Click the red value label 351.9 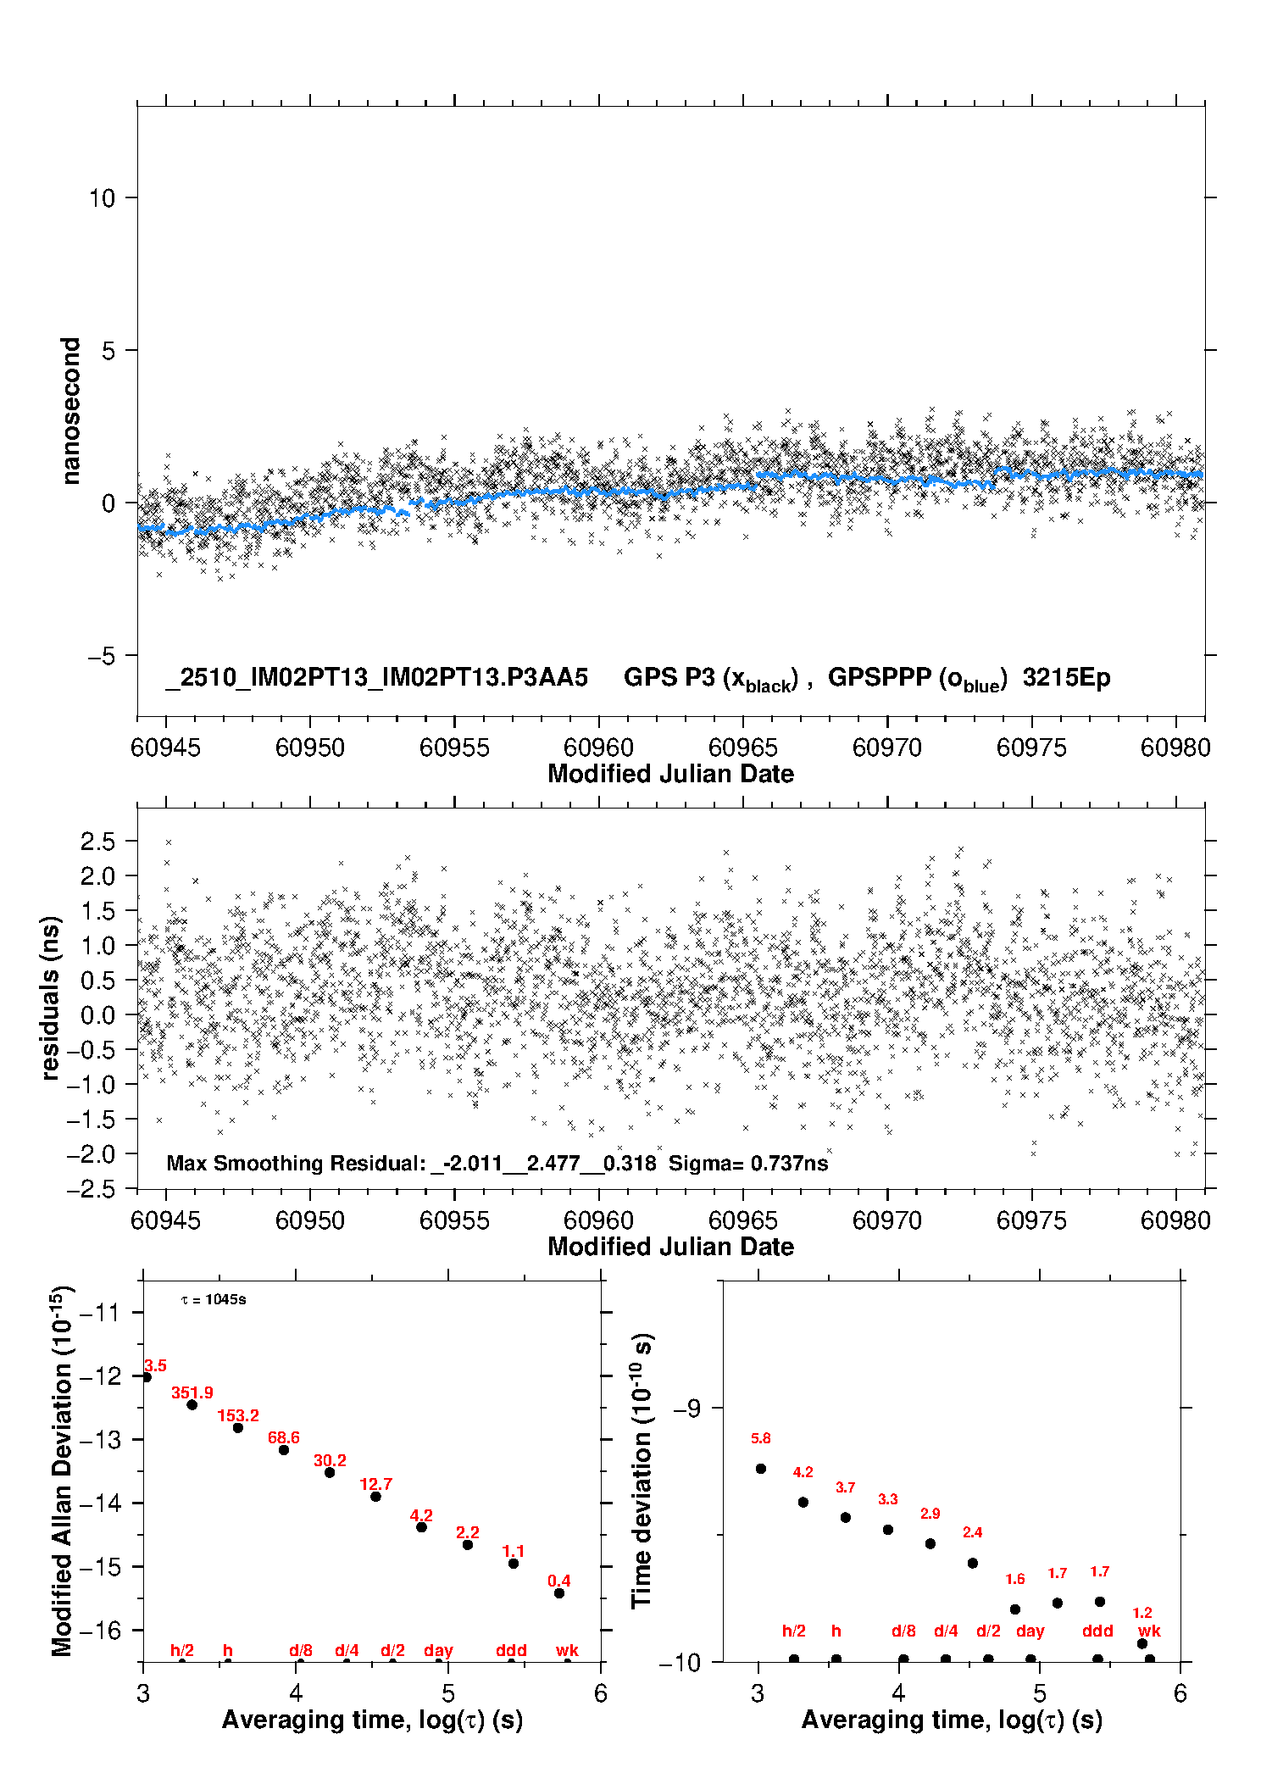coord(192,1392)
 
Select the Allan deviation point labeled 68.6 coord(284,1450)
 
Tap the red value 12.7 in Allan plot coord(375,1484)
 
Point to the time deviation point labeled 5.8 coord(761,1469)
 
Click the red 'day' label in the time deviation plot coord(1030,1631)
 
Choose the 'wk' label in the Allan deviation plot coord(567,1650)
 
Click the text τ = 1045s coord(214,1300)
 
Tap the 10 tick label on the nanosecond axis coord(102,198)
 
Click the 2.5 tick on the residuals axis coord(97,842)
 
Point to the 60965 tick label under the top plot coord(742,748)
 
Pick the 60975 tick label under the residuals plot coord(1031,1220)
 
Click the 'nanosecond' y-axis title coord(70,411)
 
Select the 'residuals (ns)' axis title coord(51,998)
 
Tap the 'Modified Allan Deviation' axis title coord(62,1470)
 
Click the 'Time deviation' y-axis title coord(642,1470)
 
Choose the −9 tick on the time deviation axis coord(686,1409)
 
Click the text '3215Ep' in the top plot coord(1066,678)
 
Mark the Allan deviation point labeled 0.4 coord(559,1593)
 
